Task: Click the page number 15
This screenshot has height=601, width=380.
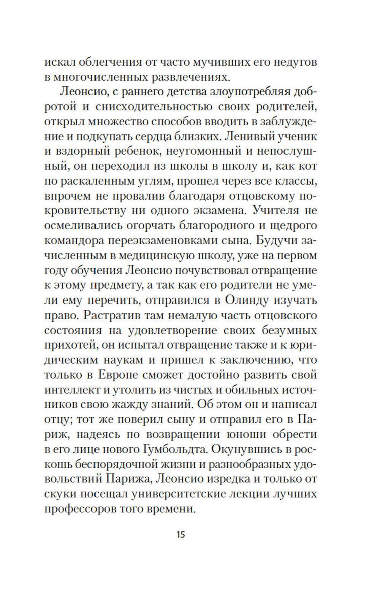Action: tap(180, 535)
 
